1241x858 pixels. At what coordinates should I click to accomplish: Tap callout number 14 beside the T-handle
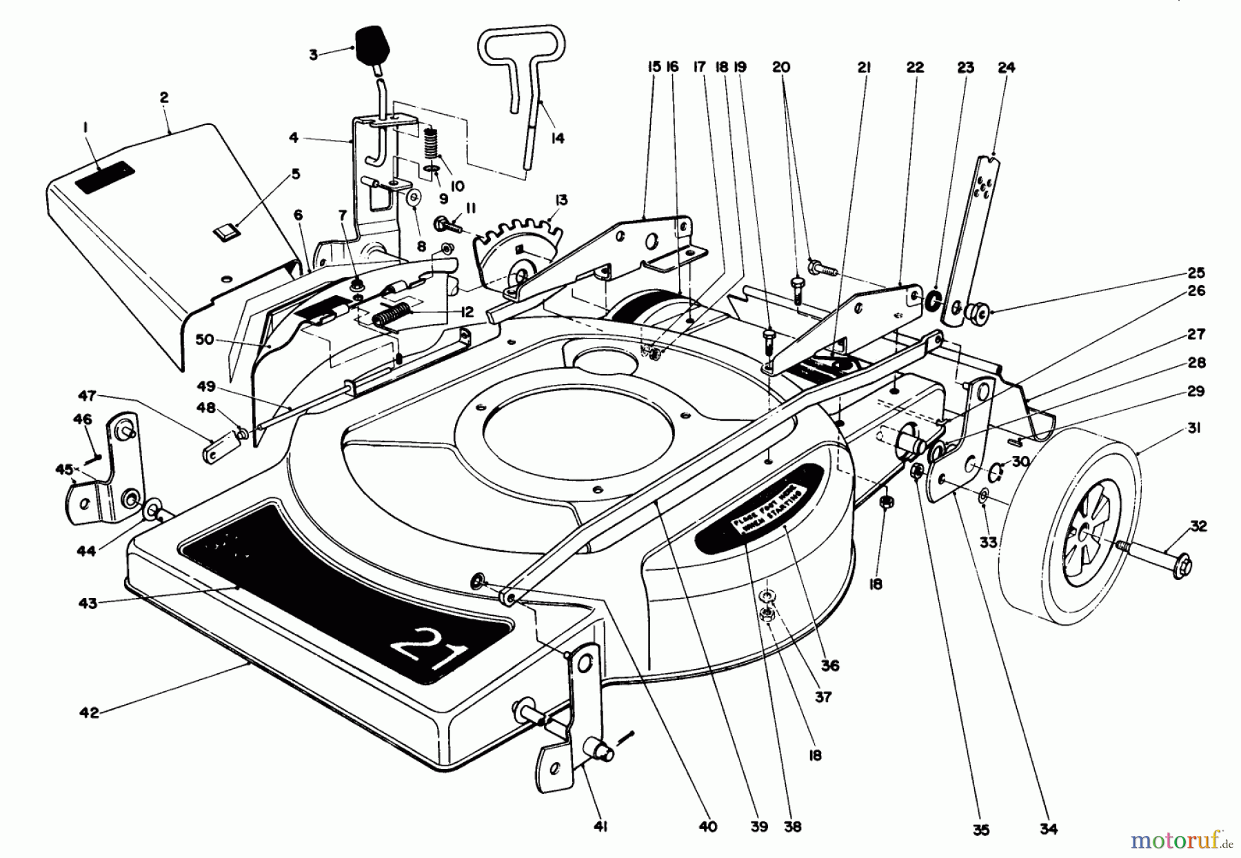[x=557, y=139]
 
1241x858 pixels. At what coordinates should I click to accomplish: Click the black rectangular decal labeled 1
[x=104, y=178]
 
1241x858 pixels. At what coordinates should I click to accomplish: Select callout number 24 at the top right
[x=1006, y=68]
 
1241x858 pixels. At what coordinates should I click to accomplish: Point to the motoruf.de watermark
[x=1179, y=841]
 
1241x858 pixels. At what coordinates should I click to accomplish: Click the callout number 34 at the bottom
[x=1048, y=828]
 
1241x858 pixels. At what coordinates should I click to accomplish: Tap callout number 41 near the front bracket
[x=600, y=826]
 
